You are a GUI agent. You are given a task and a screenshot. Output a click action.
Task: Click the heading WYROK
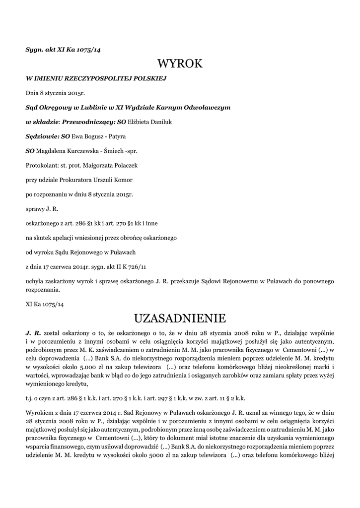(180, 64)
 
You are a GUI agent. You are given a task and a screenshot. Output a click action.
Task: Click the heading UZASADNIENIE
(180, 317)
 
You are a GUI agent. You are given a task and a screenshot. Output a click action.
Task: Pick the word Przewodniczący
(87, 122)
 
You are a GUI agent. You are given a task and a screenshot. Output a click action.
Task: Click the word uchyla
(35, 281)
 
